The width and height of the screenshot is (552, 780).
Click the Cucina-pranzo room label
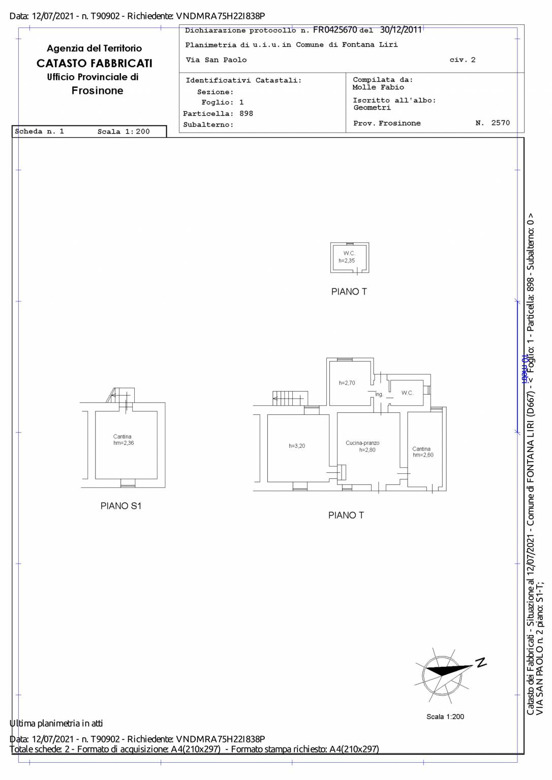(x=362, y=443)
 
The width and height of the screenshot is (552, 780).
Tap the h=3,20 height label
(x=297, y=446)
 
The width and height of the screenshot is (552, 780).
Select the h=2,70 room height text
(x=347, y=383)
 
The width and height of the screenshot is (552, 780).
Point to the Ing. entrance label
(x=379, y=395)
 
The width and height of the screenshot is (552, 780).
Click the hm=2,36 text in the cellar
(x=124, y=443)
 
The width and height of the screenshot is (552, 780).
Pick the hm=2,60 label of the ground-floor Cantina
(x=423, y=455)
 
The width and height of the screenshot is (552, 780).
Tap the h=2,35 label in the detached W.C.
(x=347, y=261)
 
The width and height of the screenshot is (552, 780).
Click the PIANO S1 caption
(x=121, y=506)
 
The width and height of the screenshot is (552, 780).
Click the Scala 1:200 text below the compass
(x=445, y=717)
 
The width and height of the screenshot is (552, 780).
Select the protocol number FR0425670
(x=335, y=29)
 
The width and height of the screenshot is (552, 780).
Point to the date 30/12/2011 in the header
(x=401, y=29)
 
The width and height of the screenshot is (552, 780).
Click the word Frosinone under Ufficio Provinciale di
(x=97, y=90)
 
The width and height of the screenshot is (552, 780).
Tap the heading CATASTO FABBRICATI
(x=95, y=63)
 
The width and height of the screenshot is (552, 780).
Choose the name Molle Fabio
(x=378, y=87)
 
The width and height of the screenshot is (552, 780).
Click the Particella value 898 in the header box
(x=246, y=114)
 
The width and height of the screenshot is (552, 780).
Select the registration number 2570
(x=501, y=122)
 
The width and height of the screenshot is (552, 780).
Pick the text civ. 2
(x=463, y=59)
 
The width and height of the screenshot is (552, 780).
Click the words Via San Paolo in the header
(x=216, y=60)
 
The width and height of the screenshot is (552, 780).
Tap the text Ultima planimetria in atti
(x=56, y=723)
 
